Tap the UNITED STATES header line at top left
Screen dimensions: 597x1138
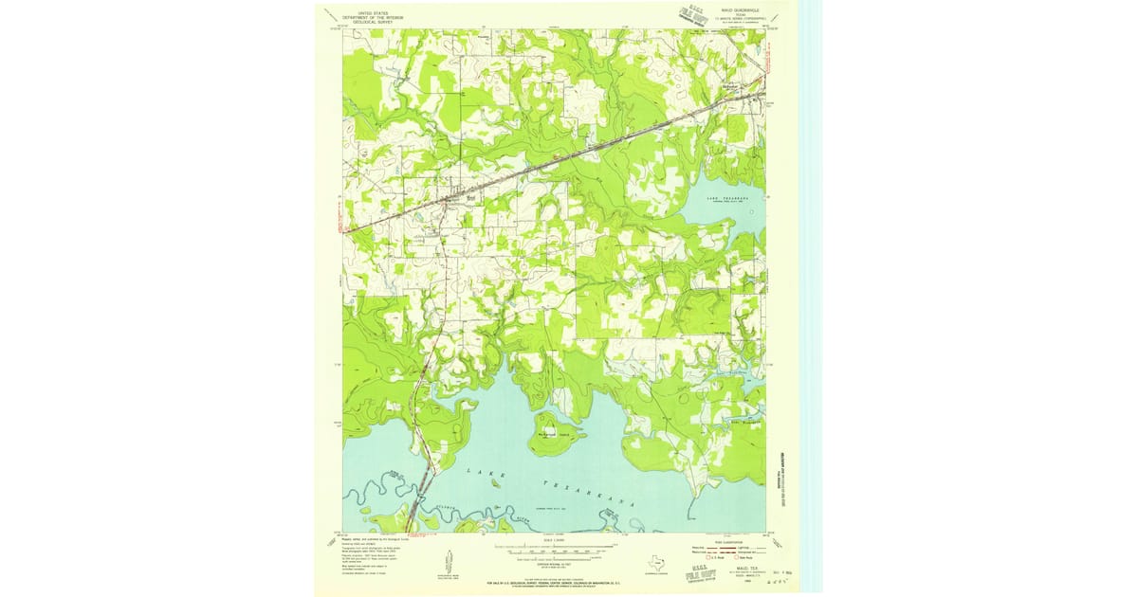374,12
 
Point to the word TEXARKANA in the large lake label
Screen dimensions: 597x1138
589,496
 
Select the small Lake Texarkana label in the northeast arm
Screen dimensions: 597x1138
734,199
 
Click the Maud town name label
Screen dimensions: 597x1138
468,198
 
